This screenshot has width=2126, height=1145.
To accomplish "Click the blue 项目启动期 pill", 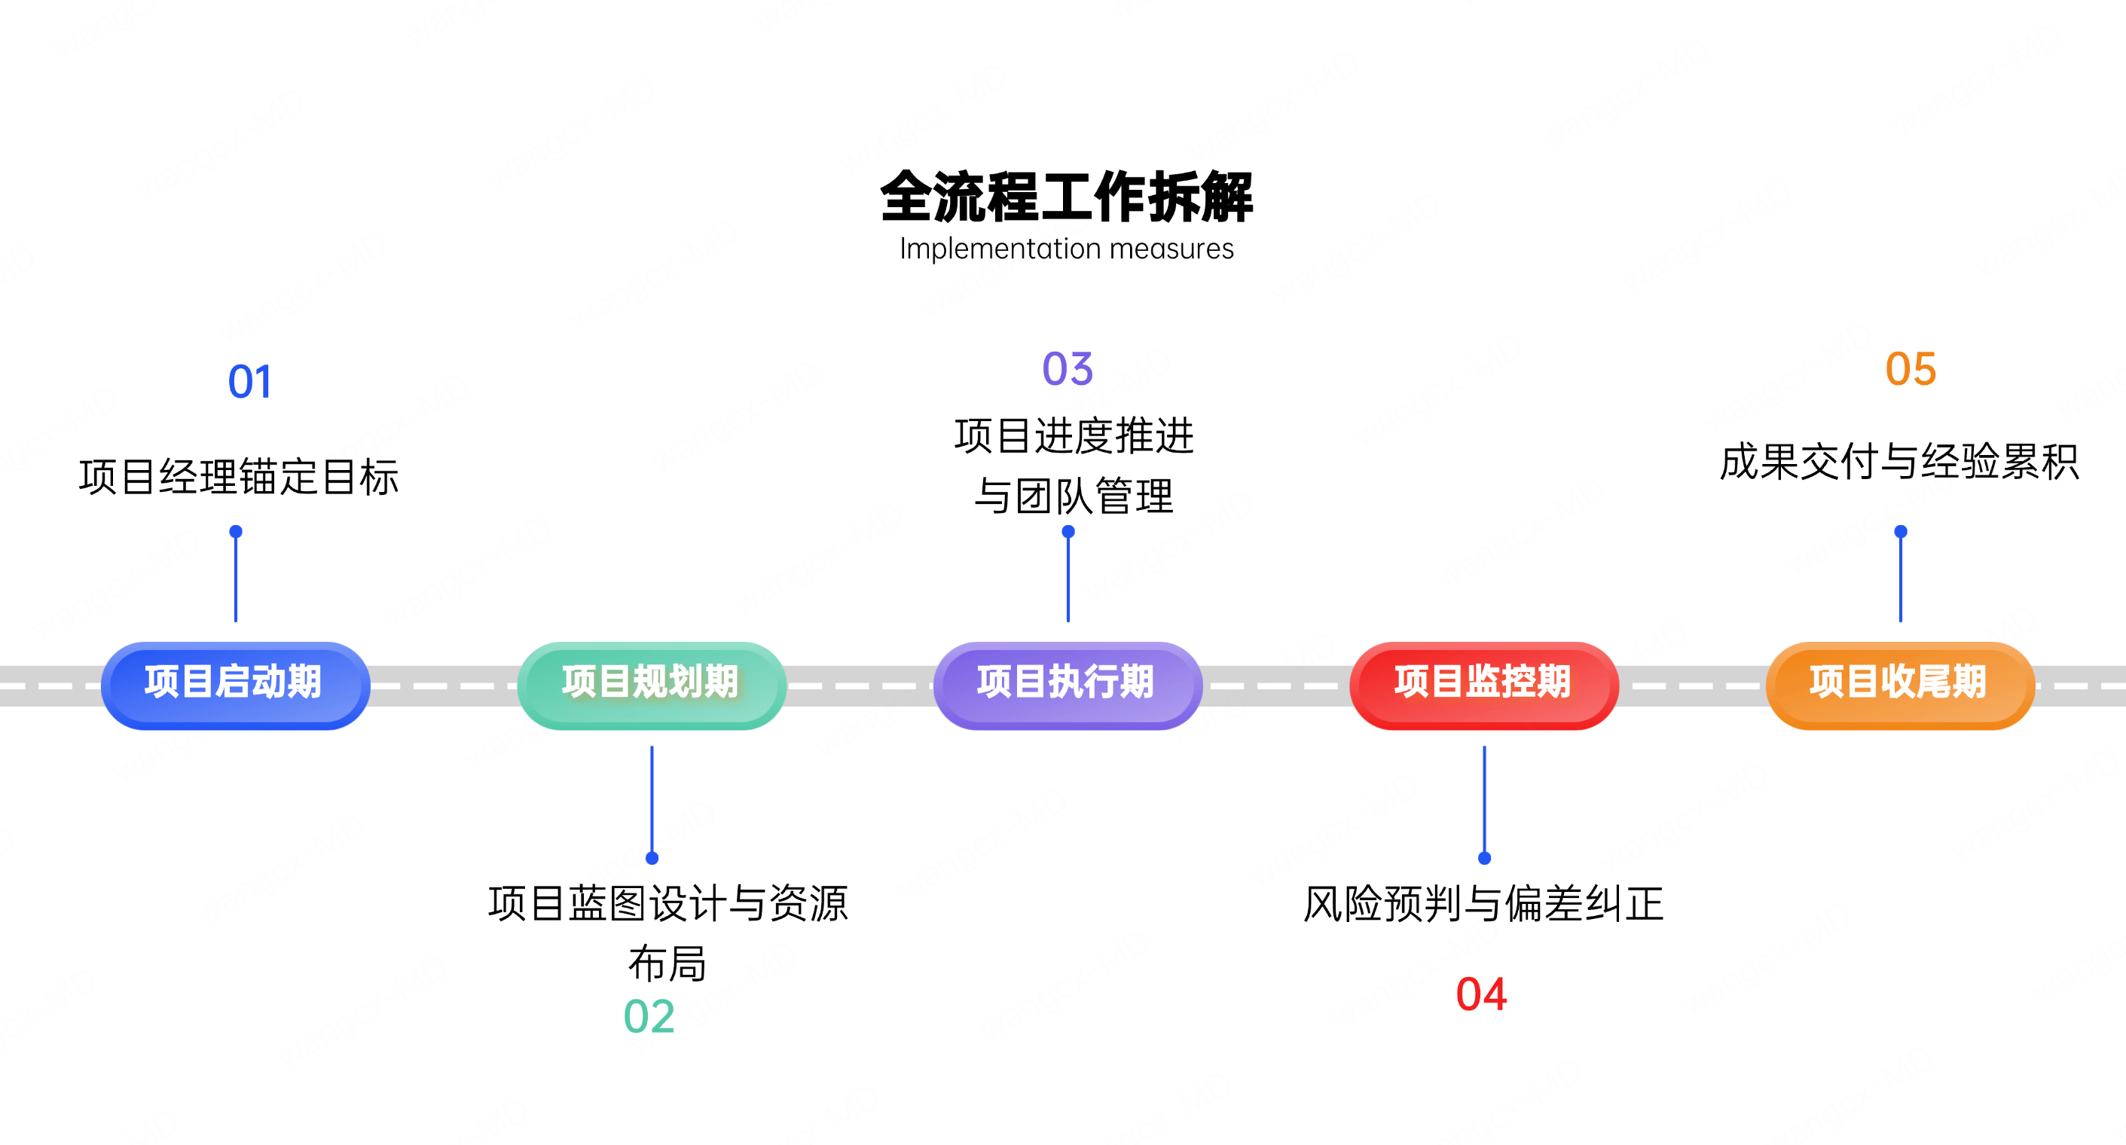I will pos(235,684).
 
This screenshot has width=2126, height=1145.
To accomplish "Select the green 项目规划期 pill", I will pos(651,684).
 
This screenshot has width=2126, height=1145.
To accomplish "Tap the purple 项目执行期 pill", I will pos(1067,684).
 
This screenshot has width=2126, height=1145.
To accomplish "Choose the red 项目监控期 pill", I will pos(1483,684).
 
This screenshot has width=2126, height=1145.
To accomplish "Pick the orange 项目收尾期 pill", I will pos(1899,684).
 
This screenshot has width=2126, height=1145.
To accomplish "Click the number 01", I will pos(249,382).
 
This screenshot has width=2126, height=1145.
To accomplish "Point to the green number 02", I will pos(649,1016).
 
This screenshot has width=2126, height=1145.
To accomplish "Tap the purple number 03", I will pos(1067,369).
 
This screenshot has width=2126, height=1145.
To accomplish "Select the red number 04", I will pos(1481,994).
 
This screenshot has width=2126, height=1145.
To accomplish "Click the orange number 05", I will pos(1911,369).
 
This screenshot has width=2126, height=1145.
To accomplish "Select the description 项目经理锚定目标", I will pos(239,477).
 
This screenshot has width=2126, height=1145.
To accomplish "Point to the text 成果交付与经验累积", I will pos(1898,462).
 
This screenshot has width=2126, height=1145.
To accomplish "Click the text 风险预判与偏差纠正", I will pos(1483,903).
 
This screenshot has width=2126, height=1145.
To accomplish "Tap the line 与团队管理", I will pos(1073,496).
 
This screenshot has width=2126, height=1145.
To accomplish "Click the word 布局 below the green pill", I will pos(667,963).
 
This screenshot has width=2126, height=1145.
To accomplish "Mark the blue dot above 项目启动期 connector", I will pos(236,532).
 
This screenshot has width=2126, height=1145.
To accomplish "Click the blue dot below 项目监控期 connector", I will pos(1484,858).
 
